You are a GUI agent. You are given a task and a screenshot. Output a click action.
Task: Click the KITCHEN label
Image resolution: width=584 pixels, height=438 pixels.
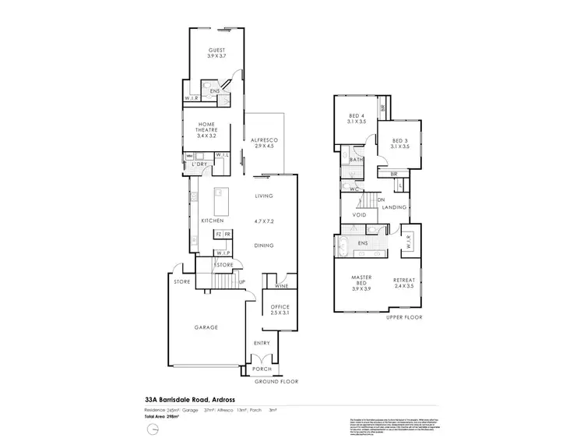(x=213, y=221)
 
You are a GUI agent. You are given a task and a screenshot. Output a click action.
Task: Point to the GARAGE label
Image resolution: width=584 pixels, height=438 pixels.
(x=205, y=327)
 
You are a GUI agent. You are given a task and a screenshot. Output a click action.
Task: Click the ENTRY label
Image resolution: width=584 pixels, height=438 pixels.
(x=262, y=343)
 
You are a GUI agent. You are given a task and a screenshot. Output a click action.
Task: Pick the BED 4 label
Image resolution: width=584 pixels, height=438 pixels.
(x=358, y=116)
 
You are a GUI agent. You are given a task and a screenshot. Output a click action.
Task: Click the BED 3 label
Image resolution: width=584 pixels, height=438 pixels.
(x=401, y=140)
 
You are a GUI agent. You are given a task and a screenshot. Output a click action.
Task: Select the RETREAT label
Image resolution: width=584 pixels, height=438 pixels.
(x=404, y=280)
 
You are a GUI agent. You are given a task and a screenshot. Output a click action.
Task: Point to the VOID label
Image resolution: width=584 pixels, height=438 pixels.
(x=360, y=214)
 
